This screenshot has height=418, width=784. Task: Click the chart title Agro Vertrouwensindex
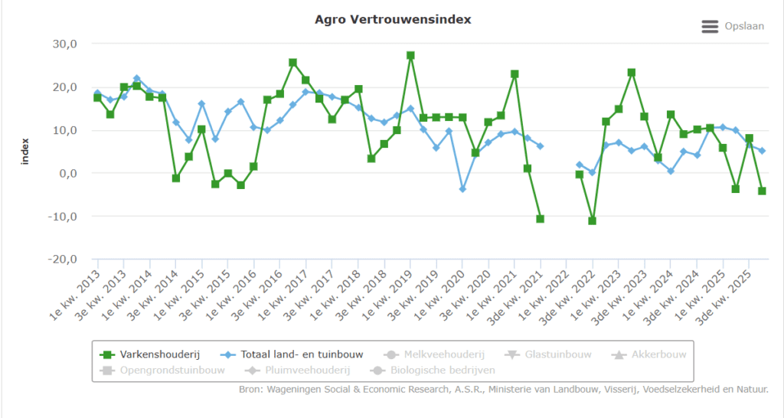point(393,19)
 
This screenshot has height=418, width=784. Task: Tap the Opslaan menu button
point(733,26)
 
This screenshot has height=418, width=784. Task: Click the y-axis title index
point(25,152)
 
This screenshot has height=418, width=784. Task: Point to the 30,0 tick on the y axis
point(64,44)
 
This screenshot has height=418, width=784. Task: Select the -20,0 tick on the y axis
point(61,260)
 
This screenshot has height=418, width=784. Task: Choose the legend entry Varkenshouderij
point(151,354)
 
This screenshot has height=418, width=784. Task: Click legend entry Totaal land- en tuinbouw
point(294,354)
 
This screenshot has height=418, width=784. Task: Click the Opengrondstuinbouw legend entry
point(163,371)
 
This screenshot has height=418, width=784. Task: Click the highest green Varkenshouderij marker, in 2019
point(410,56)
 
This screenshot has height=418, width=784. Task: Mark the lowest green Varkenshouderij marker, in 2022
point(592,220)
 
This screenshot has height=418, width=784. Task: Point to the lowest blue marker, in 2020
point(462,188)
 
